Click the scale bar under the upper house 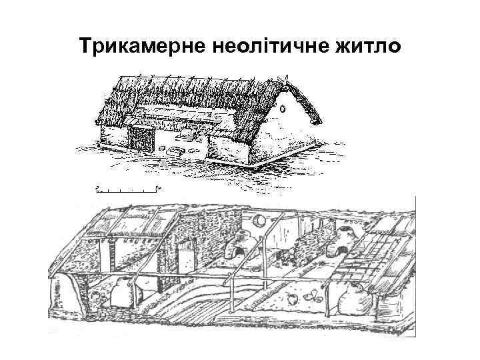(x=127, y=190)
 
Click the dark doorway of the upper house (x=141, y=139)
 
